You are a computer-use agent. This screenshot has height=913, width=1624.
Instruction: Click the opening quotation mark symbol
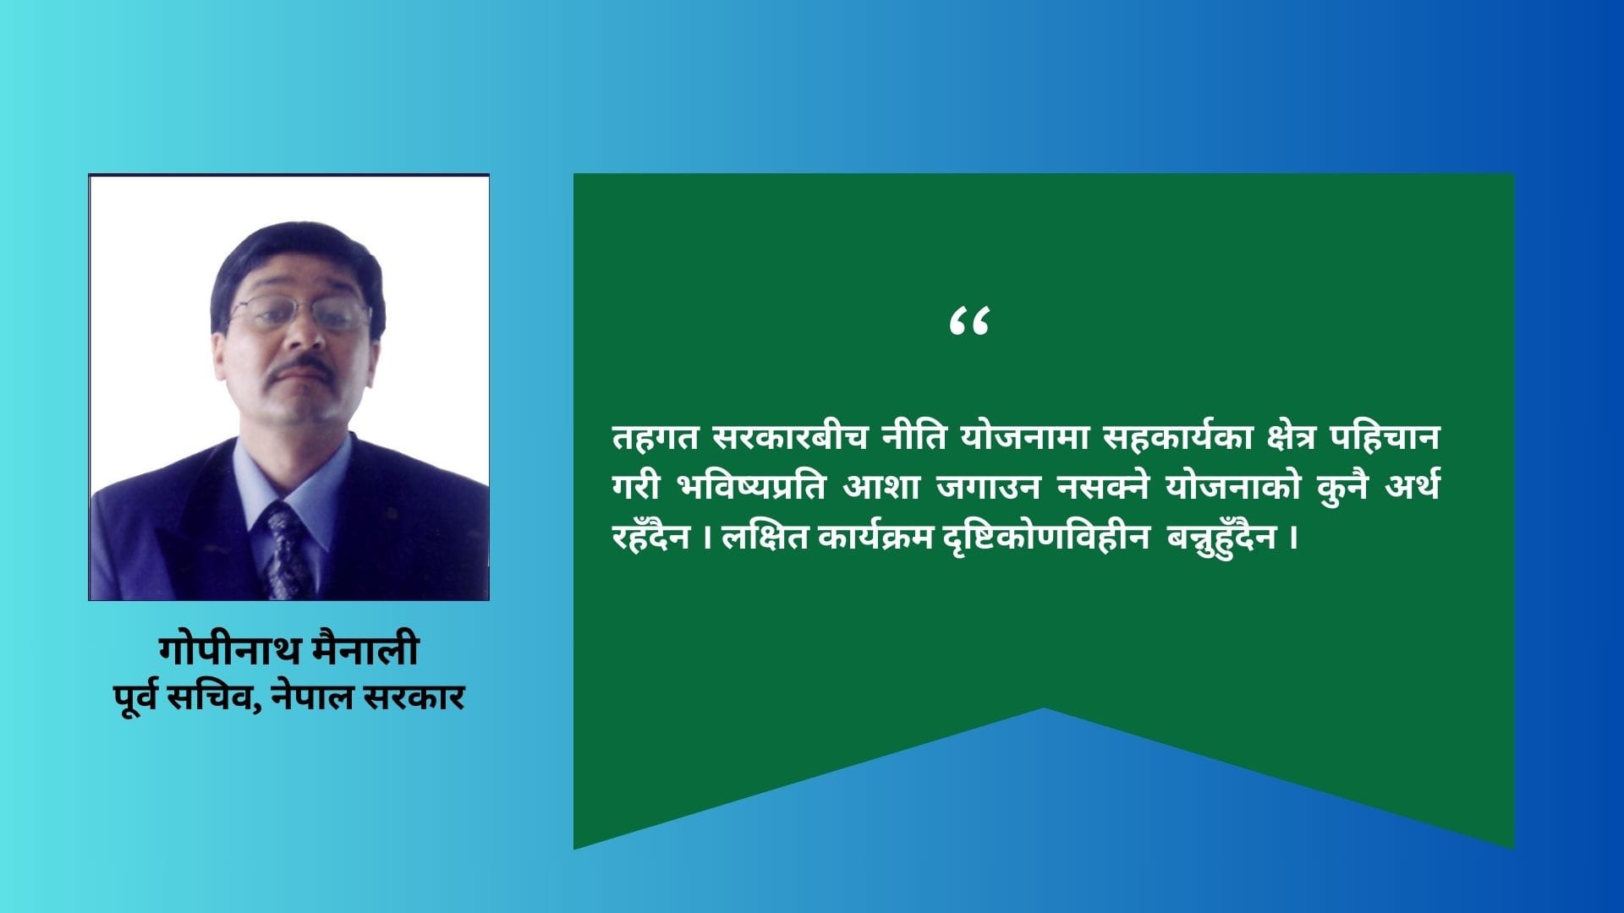point(969,321)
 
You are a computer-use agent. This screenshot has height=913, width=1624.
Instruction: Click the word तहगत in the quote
point(656,438)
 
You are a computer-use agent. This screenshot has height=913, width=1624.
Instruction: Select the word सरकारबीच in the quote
point(790,437)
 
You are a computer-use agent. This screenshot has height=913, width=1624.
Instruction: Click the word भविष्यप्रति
point(751,487)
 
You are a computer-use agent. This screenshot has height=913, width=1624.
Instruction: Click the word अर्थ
point(1413,486)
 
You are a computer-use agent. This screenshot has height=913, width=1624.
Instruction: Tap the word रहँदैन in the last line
point(651,535)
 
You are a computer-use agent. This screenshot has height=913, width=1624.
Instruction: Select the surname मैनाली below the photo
point(365,648)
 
